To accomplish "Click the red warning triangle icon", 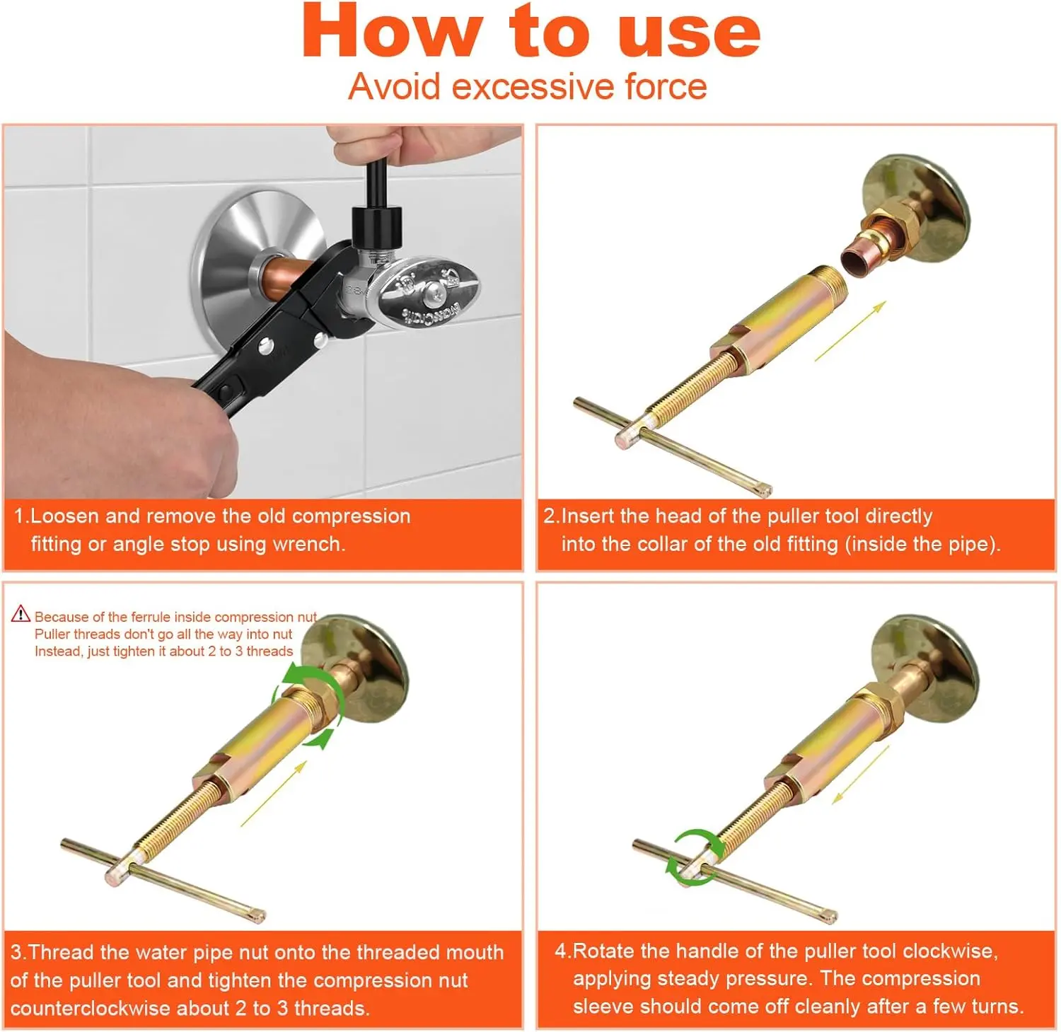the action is coord(21,613).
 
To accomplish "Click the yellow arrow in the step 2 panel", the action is coord(850,331).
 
